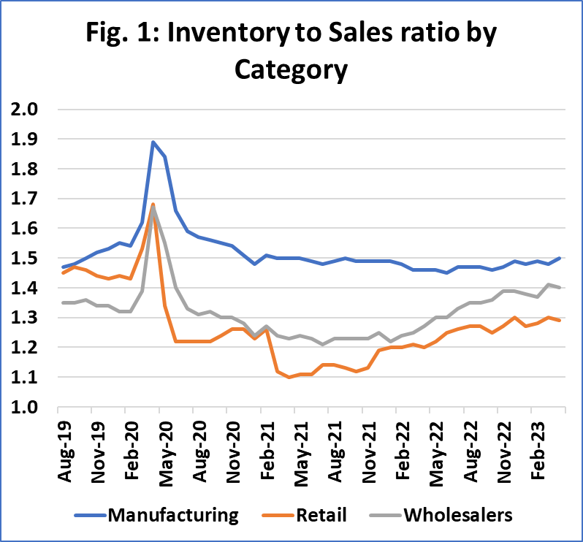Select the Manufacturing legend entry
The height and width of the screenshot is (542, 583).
(x=173, y=515)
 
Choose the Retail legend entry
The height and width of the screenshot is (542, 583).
(x=321, y=515)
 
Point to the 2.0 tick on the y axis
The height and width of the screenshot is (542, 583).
(x=25, y=110)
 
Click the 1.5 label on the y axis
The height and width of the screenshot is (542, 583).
(x=25, y=259)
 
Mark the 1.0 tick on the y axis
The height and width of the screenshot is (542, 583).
(x=25, y=407)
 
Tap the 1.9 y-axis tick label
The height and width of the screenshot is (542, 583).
(x=25, y=140)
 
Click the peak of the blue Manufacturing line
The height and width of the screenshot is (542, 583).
(x=153, y=142)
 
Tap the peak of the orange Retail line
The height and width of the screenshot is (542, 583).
(x=153, y=205)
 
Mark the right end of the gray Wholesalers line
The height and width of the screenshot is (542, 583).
(x=560, y=288)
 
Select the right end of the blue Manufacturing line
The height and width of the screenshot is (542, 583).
(x=560, y=258)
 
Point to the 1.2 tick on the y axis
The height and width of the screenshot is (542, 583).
(x=25, y=348)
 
